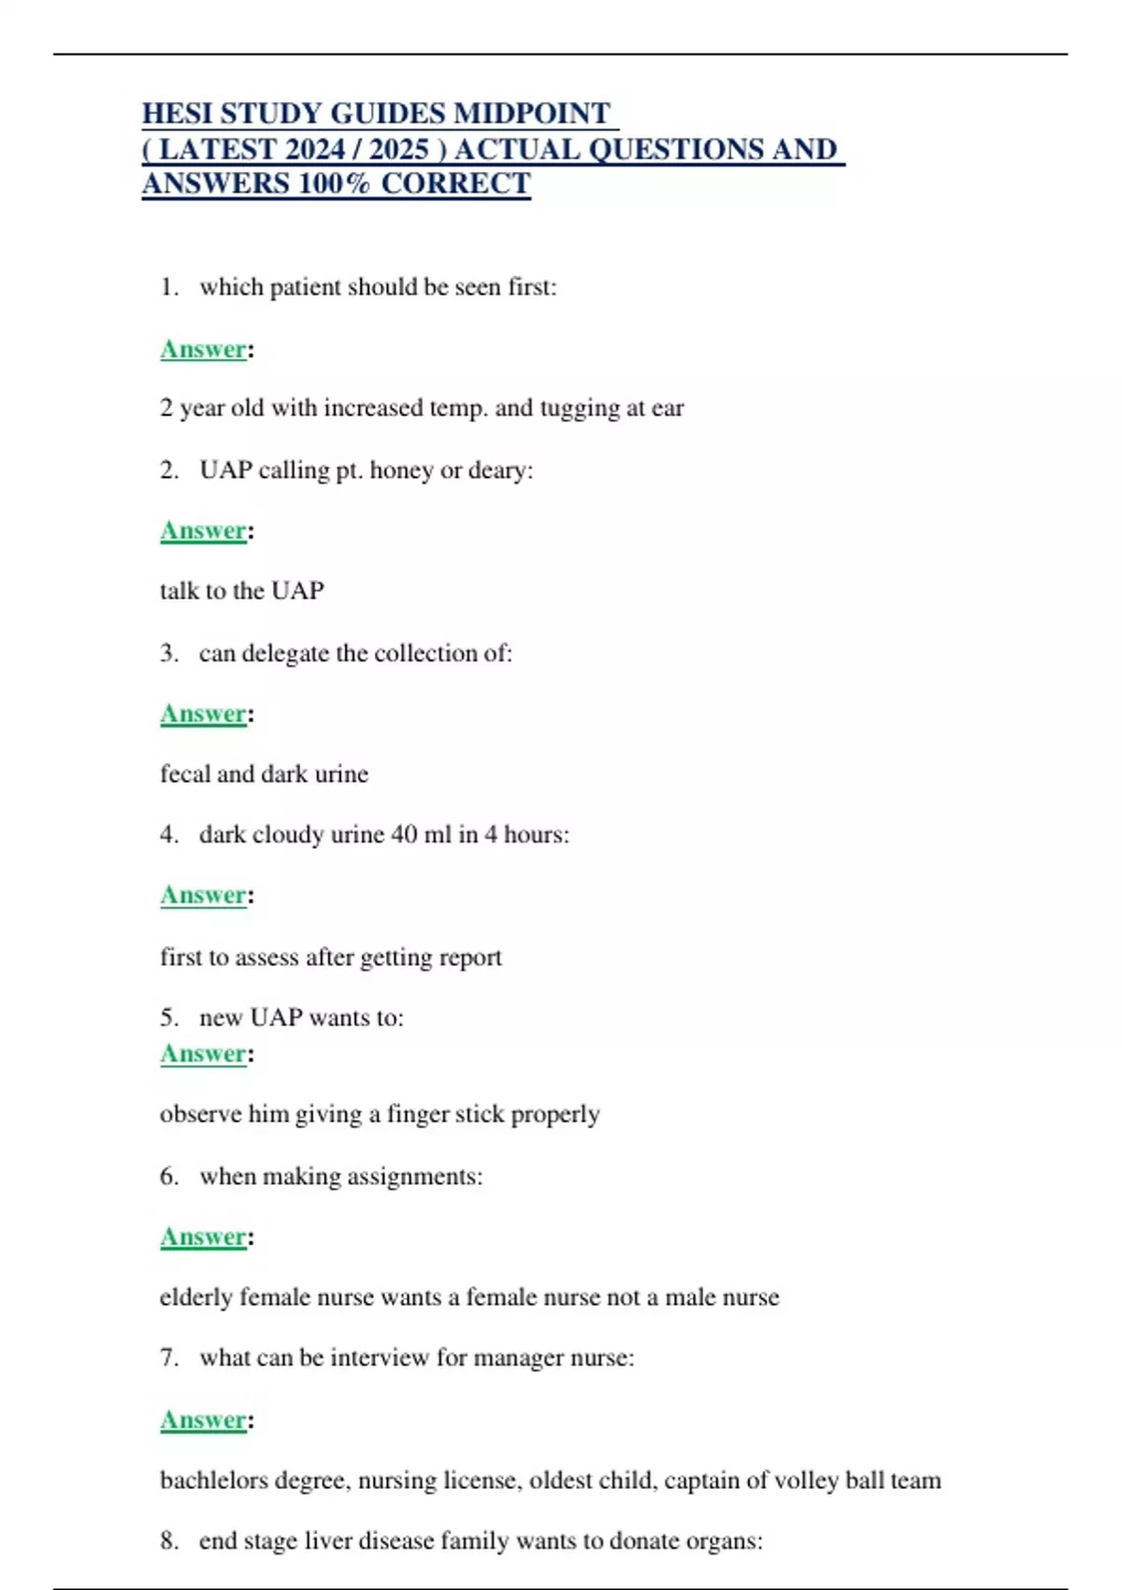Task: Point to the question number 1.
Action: tap(168, 287)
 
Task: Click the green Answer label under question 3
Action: tap(203, 714)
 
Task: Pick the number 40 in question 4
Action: tap(404, 834)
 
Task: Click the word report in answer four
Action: tap(471, 958)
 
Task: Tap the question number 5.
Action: tap(168, 1018)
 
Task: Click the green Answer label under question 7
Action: tap(203, 1420)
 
